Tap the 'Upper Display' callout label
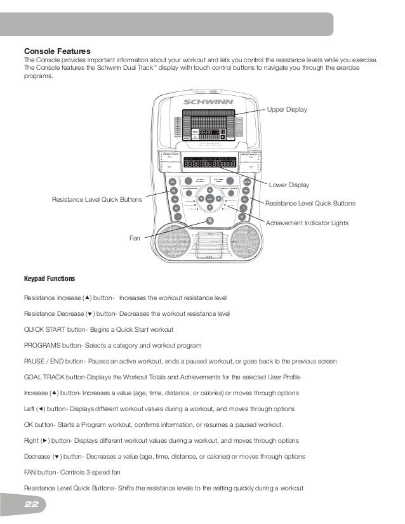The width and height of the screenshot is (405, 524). pos(287,110)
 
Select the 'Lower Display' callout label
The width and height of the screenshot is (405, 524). pos(289,185)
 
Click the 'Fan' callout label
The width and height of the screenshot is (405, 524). pos(134,239)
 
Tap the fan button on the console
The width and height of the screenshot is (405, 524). pos(209,221)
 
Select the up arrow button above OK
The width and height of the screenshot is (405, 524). pos(209,190)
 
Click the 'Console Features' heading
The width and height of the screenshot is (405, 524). pos(57,51)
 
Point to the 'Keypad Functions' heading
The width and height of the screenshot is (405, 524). pos(50,278)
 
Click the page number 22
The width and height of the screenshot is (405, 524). pos(32,504)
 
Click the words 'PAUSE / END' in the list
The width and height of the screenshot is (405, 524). pos(43,362)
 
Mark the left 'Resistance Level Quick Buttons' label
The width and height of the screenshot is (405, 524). pos(96,199)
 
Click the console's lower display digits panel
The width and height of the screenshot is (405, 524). pos(209,163)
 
